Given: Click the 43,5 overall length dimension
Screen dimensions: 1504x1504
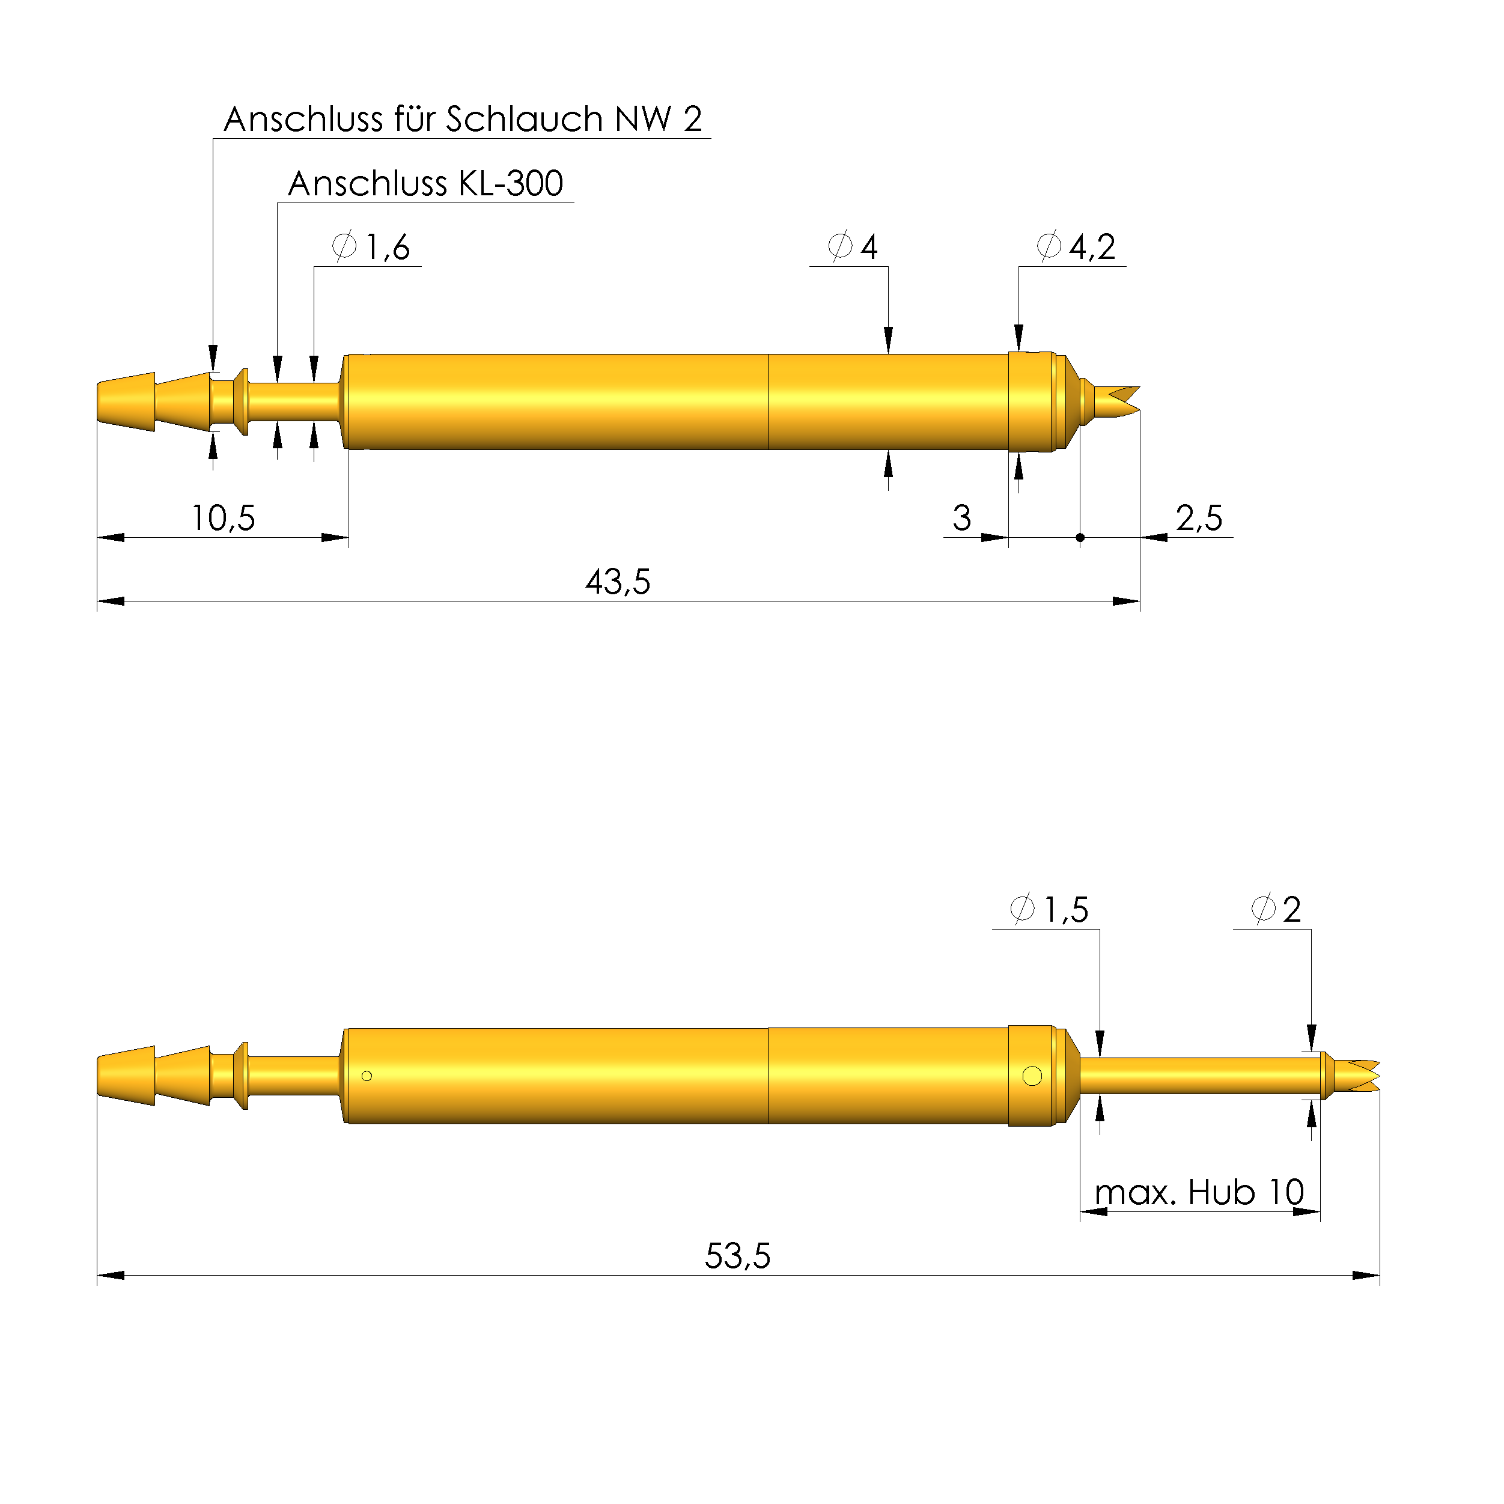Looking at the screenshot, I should [x=617, y=582].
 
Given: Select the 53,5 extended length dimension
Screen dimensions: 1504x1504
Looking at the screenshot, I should [x=737, y=1256].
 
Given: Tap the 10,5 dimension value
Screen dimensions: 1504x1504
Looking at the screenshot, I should [x=224, y=519].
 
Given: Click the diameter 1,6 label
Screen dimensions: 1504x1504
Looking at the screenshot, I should [x=371, y=247].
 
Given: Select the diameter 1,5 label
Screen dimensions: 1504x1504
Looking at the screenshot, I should [x=1049, y=909].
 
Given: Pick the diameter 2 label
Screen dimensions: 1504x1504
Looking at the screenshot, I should [x=1275, y=909].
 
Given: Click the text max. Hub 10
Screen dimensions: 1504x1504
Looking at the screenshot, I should [x=1199, y=1193].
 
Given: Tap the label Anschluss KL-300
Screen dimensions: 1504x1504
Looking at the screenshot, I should [x=425, y=184].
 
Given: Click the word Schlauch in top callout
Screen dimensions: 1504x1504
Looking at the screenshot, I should [x=525, y=119].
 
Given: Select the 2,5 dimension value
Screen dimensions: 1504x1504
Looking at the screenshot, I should [x=1199, y=519].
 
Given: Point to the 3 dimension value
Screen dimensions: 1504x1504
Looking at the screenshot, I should [x=962, y=519].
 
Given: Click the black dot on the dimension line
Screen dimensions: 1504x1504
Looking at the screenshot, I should [x=1080, y=537].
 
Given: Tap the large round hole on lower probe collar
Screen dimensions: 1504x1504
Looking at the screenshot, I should [x=1032, y=1076].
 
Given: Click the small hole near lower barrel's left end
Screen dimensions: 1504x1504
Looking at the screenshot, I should [x=367, y=1076].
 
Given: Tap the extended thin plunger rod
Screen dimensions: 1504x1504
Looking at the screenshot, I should [x=1199, y=1075].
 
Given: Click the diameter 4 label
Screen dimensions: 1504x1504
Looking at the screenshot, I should [x=853, y=247].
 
